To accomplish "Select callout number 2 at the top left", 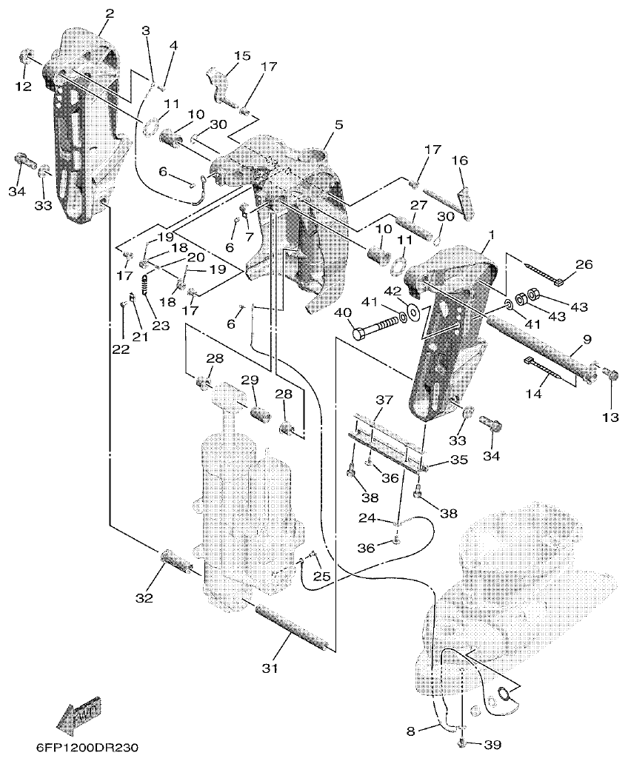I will [110, 13].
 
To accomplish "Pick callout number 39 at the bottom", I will [491, 743].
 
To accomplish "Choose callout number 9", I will [587, 340].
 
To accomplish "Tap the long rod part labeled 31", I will [291, 626].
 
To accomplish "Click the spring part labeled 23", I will [145, 285].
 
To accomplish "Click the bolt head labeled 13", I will [609, 374].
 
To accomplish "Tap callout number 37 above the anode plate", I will [383, 400].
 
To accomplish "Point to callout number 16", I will [460, 160].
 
